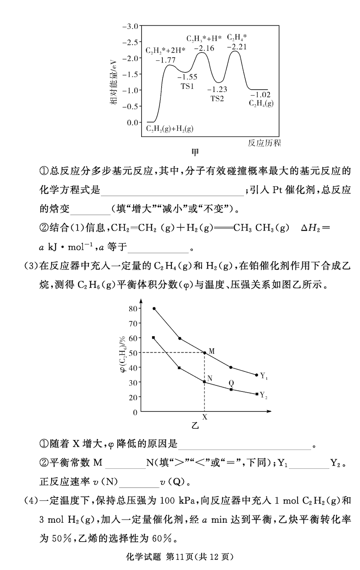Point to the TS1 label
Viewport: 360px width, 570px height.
coord(187,86)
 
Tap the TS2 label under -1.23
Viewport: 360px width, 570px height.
coord(217,99)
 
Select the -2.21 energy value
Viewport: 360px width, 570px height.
coord(237,47)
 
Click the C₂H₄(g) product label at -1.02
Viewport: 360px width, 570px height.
coord(262,103)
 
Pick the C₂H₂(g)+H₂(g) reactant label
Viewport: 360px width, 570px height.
coord(170,128)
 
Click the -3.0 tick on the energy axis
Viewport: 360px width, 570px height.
coord(130,26)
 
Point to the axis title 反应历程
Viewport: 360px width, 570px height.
coord(264,143)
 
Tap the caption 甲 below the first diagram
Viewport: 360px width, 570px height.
coord(196,153)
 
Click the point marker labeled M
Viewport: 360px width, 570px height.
coord(205,353)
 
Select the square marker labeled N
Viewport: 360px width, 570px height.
coord(204,382)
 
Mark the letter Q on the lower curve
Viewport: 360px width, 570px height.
coord(231,383)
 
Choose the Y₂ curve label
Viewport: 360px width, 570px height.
coord(264,395)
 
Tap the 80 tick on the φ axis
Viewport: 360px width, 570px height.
coord(133,309)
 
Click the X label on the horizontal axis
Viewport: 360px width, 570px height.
coord(205,417)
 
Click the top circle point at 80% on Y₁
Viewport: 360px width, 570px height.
coord(154,309)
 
